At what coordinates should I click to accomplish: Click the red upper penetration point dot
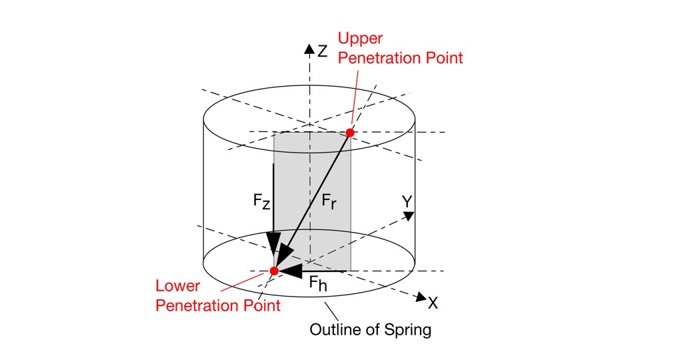[350, 132]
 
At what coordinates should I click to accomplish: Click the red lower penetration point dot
[274, 271]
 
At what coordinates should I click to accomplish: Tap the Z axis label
[323, 51]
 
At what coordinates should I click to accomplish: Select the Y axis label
[407, 201]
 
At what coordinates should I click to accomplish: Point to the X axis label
[433, 303]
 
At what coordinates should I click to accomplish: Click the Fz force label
[261, 201]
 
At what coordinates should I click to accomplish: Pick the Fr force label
[329, 201]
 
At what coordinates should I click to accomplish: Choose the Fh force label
[318, 283]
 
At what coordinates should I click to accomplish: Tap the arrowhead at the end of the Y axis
[409, 215]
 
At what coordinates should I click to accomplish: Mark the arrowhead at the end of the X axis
[421, 297]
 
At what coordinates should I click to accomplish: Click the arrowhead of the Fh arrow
[291, 271]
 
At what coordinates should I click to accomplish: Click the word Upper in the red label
[360, 39]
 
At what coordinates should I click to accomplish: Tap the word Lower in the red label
[178, 286]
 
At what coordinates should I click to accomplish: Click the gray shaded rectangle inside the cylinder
[313, 201]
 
